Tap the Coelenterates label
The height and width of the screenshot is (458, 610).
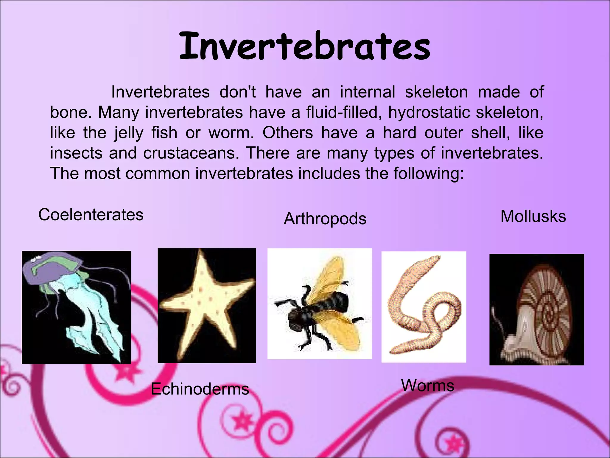pyautogui.click(x=91, y=215)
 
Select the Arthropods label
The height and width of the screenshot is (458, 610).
pyautogui.click(x=325, y=219)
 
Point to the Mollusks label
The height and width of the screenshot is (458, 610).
pyautogui.click(x=533, y=216)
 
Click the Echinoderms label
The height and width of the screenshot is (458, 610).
pyautogui.click(x=200, y=389)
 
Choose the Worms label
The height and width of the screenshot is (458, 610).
pyautogui.click(x=427, y=385)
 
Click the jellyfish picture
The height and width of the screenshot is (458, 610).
pyautogui.click(x=76, y=307)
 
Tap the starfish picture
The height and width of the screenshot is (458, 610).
pyautogui.click(x=207, y=305)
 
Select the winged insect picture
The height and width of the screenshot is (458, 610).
pyautogui.click(x=319, y=304)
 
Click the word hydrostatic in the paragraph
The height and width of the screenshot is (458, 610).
pyautogui.click(x=429, y=112)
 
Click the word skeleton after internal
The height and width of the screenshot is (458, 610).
pyautogui.click(x=436, y=92)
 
